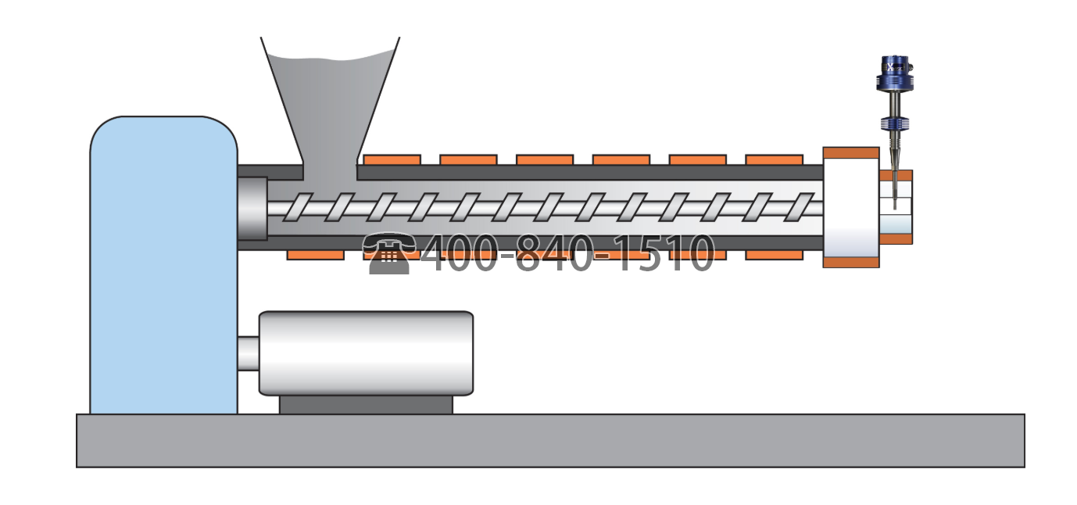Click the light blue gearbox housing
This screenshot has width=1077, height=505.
pyautogui.click(x=163, y=266)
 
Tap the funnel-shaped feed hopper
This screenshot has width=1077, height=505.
pyautogui.click(x=330, y=102)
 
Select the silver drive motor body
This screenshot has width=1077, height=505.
pyautogui.click(x=366, y=353)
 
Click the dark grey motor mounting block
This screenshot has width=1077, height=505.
pyautogui.click(x=366, y=405)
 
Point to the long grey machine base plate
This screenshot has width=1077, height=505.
pyautogui.click(x=549, y=441)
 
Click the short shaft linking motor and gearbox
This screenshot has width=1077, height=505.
pyautogui.click(x=248, y=353)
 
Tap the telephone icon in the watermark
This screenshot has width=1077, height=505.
pyautogui.click(x=389, y=253)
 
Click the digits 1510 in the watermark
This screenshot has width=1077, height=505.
pyautogui.click(x=664, y=253)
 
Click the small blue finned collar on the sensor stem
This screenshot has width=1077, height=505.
pyautogui.click(x=895, y=124)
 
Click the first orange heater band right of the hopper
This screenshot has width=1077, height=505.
pyautogui.click(x=392, y=160)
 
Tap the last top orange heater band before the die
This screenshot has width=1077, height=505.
pyautogui.click(x=774, y=160)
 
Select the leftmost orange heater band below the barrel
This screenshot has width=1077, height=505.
pyautogui.click(x=315, y=255)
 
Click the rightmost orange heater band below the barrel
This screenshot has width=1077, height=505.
pyautogui.click(x=774, y=255)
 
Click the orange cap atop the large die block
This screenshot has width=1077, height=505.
pyautogui.click(x=850, y=153)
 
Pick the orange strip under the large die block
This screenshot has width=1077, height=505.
pyautogui.click(x=850, y=263)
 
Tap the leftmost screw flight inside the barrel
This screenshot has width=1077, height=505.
pyautogui.click(x=298, y=207)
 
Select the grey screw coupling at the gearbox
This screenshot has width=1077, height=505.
pyautogui.click(x=252, y=209)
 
